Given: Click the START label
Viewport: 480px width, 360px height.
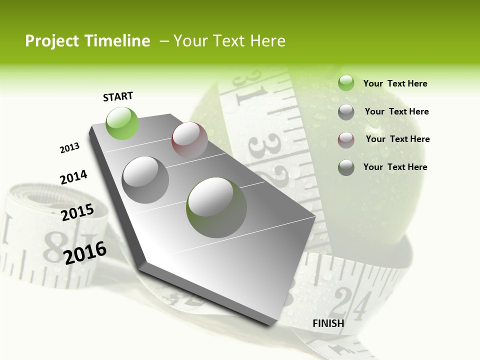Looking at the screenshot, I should (x=118, y=96).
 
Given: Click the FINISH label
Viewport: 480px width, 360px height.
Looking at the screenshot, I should (x=328, y=323).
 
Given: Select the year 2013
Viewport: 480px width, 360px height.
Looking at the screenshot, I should (x=69, y=148).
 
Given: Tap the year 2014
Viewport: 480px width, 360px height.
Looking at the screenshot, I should (x=73, y=177).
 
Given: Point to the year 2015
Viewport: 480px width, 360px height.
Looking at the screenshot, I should (x=77, y=212).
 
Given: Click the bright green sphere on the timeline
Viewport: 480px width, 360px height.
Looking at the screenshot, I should (x=122, y=123).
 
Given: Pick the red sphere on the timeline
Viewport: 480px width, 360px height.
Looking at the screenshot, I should (x=189, y=140).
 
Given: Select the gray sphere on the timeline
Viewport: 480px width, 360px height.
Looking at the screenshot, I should (x=145, y=180).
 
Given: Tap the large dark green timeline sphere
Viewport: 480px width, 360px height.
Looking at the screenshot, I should (x=216, y=207).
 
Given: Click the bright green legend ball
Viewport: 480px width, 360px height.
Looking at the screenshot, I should (x=346, y=83).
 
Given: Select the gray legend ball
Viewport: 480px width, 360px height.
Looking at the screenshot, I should (x=346, y=111).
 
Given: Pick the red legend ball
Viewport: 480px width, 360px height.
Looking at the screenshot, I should (x=346, y=139).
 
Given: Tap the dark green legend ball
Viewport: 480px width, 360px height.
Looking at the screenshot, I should (x=346, y=167).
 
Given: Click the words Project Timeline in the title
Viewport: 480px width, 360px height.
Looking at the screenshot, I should (x=87, y=41).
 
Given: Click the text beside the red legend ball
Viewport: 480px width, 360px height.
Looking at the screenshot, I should (x=397, y=139).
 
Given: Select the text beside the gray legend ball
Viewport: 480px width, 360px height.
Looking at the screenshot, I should (x=396, y=111).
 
